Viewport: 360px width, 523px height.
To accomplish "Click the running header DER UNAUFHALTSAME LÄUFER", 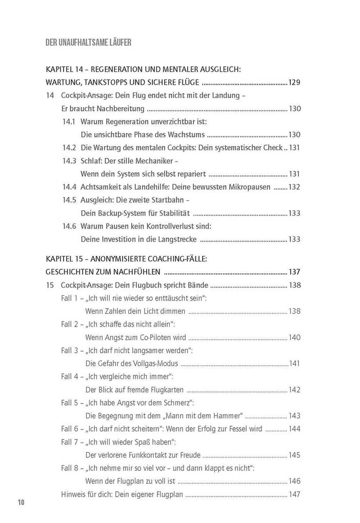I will click(88, 43).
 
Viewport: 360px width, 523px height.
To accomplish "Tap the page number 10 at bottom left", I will click(21, 501).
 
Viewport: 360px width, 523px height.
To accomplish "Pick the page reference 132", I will click(294, 187).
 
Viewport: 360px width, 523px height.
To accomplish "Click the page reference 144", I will click(294, 429).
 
